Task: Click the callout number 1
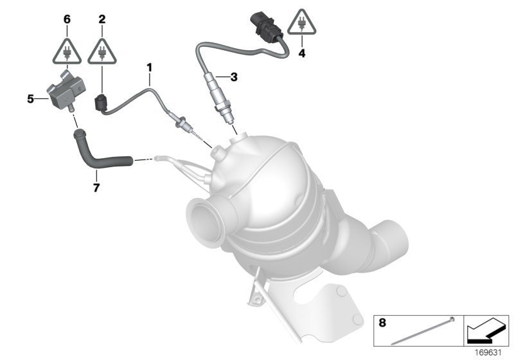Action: pyautogui.click(x=149, y=66)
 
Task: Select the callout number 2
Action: pyautogui.click(x=102, y=19)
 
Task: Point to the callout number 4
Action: pyautogui.click(x=301, y=53)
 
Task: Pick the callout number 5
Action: pyautogui.click(x=30, y=99)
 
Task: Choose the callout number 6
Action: pyautogui.click(x=66, y=19)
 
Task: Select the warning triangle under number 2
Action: pyautogui.click(x=102, y=49)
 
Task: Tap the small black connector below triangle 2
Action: pyautogui.click(x=100, y=103)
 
